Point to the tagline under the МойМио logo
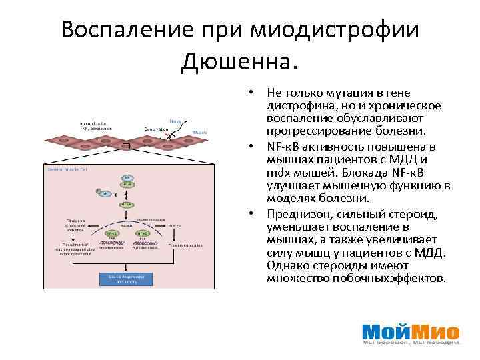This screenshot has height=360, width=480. [x=411, y=343]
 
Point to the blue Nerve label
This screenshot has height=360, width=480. [x=175, y=121]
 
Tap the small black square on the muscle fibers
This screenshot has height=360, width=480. [x=126, y=146]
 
